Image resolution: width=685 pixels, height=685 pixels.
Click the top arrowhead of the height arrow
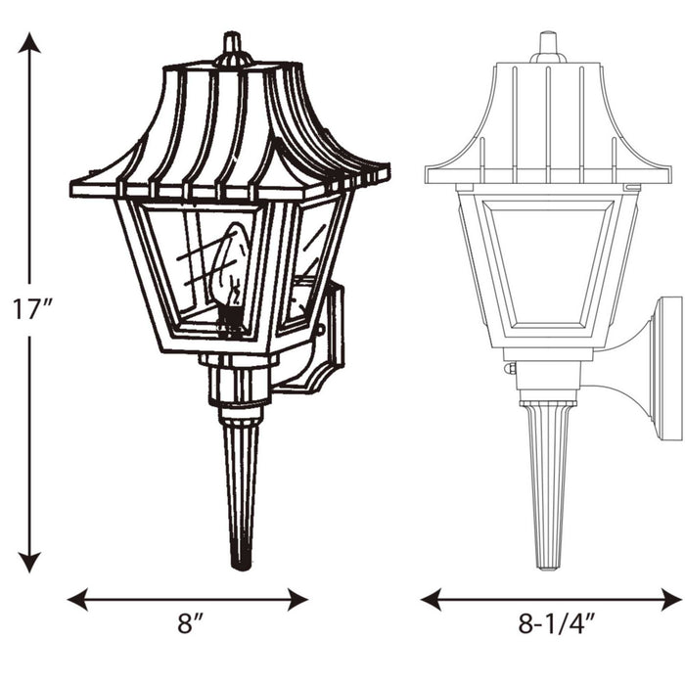click(x=30, y=42)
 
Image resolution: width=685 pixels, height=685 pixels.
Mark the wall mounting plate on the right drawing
click(x=668, y=368)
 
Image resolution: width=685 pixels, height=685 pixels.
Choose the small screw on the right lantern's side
click(x=509, y=369)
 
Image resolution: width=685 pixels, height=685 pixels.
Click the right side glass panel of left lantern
click(x=311, y=264)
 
